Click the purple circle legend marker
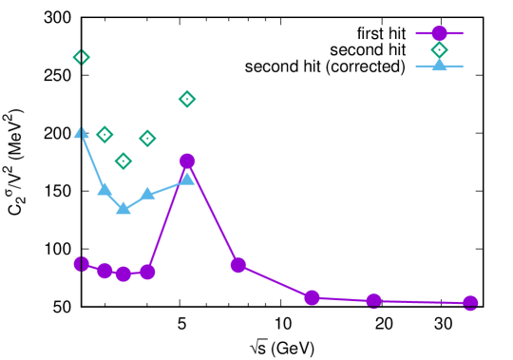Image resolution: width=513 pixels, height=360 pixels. click(439, 33)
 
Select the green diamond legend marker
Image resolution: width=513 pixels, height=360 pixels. click(439, 50)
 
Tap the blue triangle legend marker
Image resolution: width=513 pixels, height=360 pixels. click(439, 66)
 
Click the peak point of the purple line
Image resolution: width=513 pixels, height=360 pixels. click(187, 161)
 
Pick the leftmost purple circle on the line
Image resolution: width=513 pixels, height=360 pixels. click(82, 263)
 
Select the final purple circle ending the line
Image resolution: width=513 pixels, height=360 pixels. click(470, 303)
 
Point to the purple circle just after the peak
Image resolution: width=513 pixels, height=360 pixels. click(237, 265)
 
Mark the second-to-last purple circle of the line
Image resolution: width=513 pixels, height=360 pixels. click(373, 301)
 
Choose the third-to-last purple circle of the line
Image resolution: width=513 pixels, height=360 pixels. click(312, 297)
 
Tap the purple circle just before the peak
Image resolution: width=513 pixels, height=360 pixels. click(147, 272)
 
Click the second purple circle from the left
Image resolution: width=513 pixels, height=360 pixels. click(104, 271)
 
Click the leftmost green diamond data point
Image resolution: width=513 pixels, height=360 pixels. click(82, 57)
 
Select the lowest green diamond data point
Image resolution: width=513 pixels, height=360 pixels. click(123, 161)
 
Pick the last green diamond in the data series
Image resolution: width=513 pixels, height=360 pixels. click(187, 99)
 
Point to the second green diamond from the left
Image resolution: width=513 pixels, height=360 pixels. click(104, 135)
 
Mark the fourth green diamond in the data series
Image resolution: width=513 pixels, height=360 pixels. click(147, 139)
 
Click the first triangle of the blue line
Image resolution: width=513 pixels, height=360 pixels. click(82, 133)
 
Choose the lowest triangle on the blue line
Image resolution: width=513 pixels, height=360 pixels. click(123, 208)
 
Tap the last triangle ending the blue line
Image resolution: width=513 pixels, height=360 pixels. click(187, 178)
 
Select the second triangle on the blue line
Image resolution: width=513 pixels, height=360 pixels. click(104, 189)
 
